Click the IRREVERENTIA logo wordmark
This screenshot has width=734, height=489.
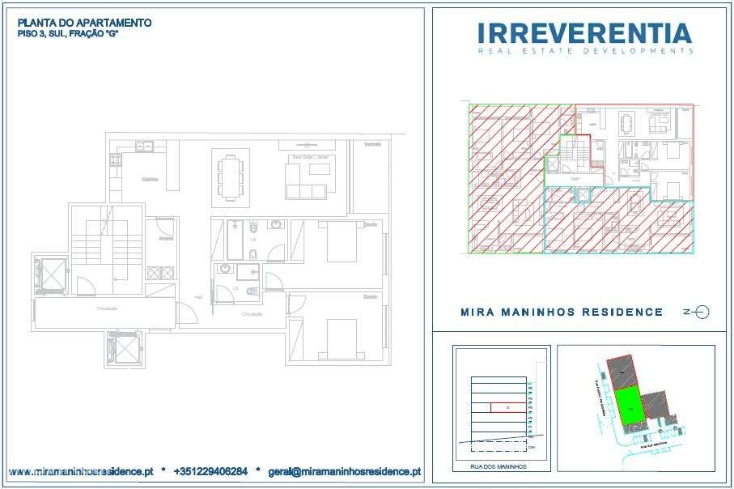[x=584, y=33]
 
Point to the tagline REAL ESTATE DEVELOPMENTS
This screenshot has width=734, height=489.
[x=584, y=51]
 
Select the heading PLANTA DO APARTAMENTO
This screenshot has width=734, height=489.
[x=84, y=23]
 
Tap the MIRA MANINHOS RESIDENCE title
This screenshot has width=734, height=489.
[x=561, y=312]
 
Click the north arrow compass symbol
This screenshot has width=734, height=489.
[x=698, y=312]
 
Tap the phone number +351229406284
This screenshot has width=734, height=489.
[x=210, y=470]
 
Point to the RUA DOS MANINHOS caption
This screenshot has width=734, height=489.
[x=499, y=467]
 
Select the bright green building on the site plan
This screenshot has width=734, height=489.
[x=629, y=402]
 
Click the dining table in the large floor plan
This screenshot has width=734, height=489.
[x=231, y=176]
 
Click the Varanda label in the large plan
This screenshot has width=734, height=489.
[x=372, y=144]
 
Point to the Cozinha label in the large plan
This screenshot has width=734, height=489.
[x=149, y=179]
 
